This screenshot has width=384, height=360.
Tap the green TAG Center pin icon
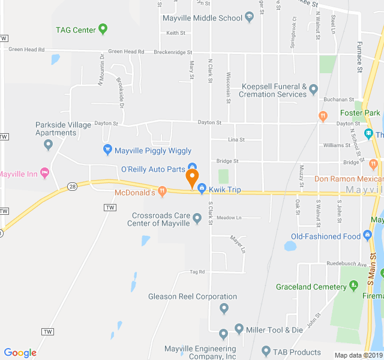(x=103, y=28)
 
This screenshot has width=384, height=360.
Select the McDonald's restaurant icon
(x=161, y=192)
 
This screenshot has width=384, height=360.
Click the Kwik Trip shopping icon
(x=202, y=189)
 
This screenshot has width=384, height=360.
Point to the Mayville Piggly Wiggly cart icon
(x=107, y=150)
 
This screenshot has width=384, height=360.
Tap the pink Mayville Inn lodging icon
(x=44, y=174)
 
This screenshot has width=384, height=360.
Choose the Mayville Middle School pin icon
(x=249, y=18)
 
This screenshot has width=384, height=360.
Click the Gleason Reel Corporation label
(x=193, y=296)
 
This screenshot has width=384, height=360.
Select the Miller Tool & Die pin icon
(x=239, y=329)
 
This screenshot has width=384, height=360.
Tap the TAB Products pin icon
(x=266, y=351)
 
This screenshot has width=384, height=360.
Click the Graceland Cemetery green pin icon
(x=353, y=286)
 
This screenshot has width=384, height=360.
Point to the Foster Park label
(x=360, y=113)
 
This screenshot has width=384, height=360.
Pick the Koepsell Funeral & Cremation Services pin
(x=313, y=91)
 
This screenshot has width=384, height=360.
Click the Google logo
(x=20, y=353)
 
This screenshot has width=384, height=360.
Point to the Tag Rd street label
(x=197, y=272)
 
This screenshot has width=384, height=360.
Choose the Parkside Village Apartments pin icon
(x=49, y=144)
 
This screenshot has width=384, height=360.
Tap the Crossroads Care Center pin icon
(x=197, y=223)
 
